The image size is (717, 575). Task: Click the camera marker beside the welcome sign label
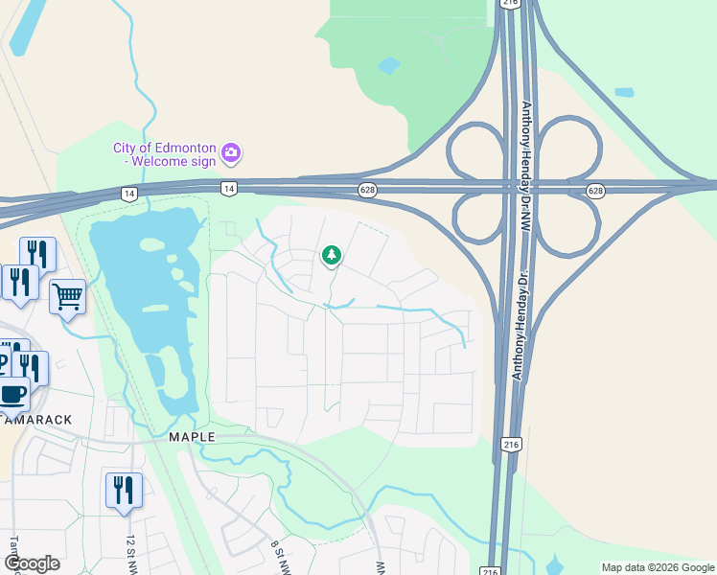(x=231, y=152)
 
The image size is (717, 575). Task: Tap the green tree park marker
(x=332, y=255)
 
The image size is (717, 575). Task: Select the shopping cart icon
(x=67, y=297)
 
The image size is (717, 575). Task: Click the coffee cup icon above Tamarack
(x=12, y=393)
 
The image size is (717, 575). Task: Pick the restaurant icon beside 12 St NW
(x=124, y=490)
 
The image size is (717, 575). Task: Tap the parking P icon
(x=3, y=362)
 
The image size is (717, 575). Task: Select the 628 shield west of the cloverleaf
(x=367, y=191)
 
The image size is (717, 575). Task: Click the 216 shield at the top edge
(x=509, y=4)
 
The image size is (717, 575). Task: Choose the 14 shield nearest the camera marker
(x=228, y=188)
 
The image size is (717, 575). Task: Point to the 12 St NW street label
(x=130, y=554)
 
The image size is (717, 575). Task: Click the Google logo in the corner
(x=32, y=563)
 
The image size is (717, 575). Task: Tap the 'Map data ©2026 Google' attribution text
(x=658, y=567)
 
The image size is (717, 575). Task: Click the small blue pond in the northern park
(x=389, y=66)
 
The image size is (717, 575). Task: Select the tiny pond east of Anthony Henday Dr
(x=624, y=93)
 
